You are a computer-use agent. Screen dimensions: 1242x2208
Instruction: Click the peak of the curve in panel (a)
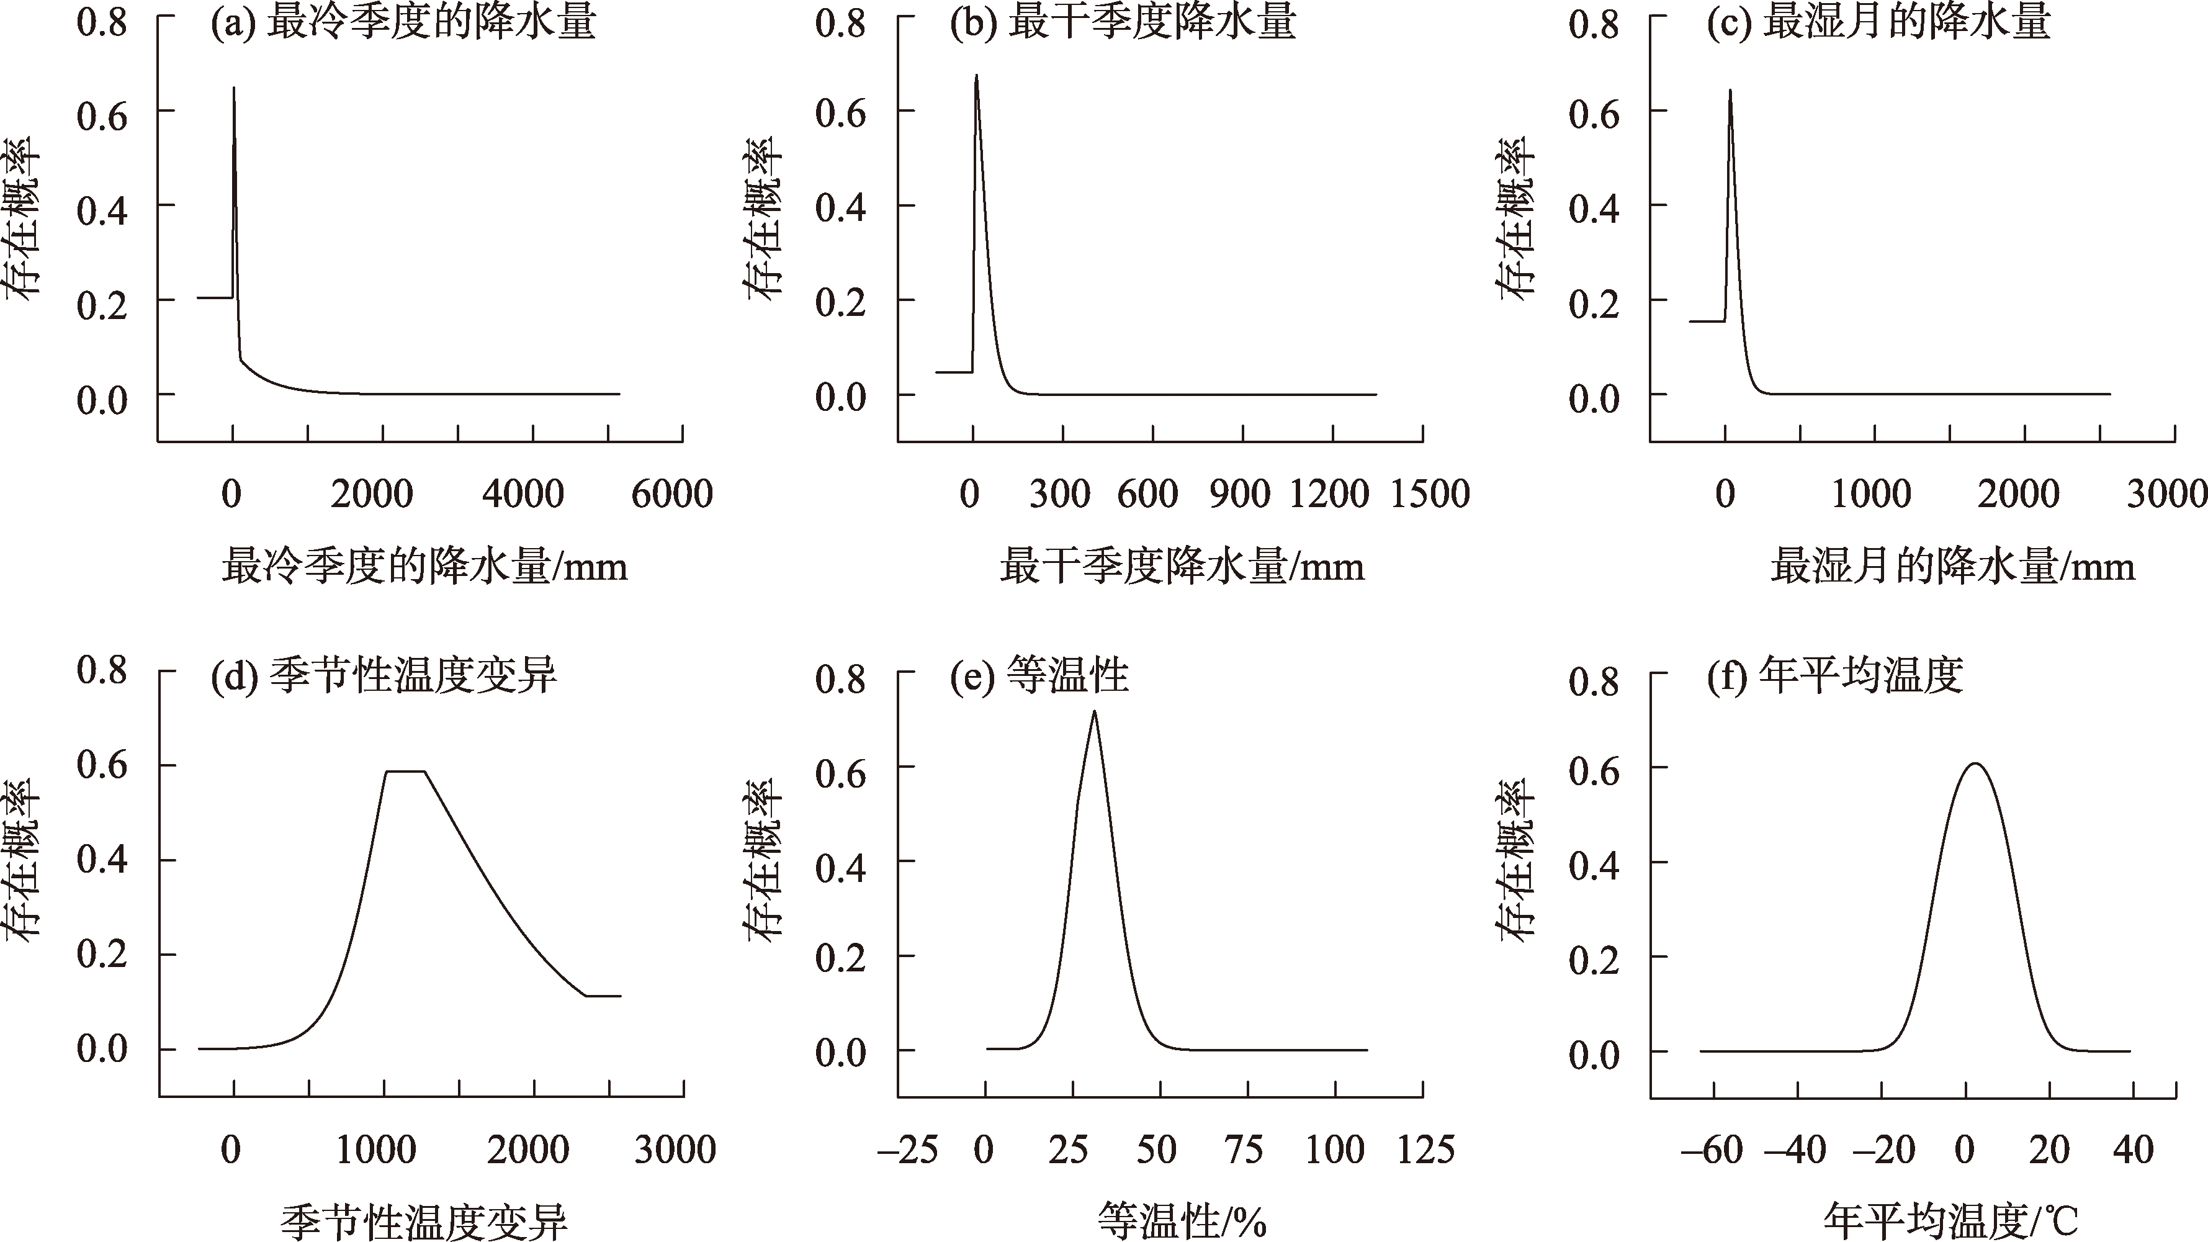(233, 88)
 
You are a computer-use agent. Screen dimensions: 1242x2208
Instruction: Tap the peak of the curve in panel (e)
(1093, 711)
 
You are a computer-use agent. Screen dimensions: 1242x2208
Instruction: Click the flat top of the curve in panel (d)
(405, 772)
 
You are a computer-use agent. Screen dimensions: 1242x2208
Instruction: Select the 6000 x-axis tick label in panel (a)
(672, 495)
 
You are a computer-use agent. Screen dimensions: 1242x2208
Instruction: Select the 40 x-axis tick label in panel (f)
(2132, 1150)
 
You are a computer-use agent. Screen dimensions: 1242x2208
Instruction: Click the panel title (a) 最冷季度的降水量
(403, 23)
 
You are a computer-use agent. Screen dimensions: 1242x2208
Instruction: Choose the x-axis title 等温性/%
(1182, 1220)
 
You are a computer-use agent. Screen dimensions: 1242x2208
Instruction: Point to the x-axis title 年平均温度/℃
(1950, 1220)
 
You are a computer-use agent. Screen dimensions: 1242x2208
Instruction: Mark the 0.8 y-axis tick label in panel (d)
(102, 670)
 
